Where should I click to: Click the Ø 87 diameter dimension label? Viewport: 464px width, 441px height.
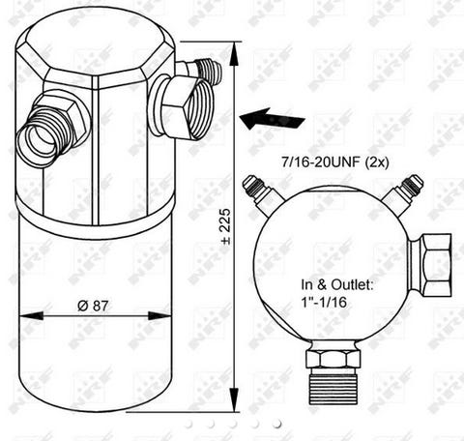93,306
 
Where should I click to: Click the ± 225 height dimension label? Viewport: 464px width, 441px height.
226,226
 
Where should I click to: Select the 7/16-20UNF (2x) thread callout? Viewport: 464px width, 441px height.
335,162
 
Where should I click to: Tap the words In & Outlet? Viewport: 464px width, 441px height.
337,285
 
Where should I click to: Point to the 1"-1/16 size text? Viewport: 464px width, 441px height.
324,302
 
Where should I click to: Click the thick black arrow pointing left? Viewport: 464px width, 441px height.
273,119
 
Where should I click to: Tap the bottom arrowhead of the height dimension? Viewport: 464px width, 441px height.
234,399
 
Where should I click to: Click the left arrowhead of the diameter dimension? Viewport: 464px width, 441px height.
31,316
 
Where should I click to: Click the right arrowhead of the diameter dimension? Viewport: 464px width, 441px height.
159,316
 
